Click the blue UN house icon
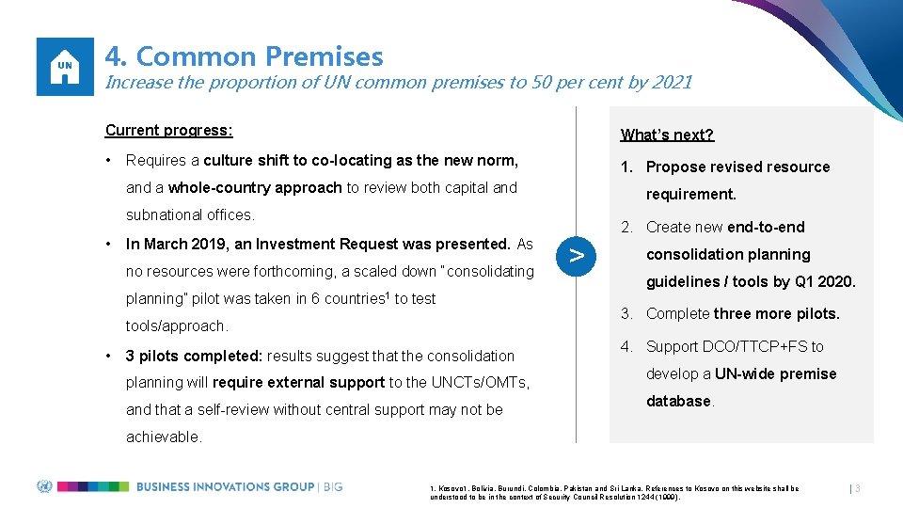pos(65,66)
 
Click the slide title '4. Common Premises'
pos(244,56)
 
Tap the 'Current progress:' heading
pos(168,130)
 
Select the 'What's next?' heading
pos(667,135)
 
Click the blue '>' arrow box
pos(578,255)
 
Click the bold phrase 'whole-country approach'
pos(255,187)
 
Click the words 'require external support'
pos(298,382)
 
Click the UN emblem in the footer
pos(43,486)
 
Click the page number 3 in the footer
pos(858,488)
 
